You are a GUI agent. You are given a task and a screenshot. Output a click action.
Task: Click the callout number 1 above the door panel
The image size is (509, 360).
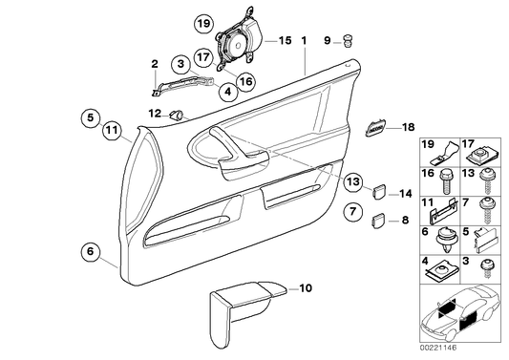[x=304, y=42]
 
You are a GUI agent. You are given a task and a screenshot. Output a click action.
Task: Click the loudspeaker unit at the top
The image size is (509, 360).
[x=234, y=44]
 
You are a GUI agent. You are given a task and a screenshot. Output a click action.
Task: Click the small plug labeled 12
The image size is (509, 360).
[x=177, y=114]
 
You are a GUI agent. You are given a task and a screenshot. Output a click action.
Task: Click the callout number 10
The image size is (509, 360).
[x=307, y=287]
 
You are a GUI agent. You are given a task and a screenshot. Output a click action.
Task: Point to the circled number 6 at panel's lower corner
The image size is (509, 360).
[x=91, y=252]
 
